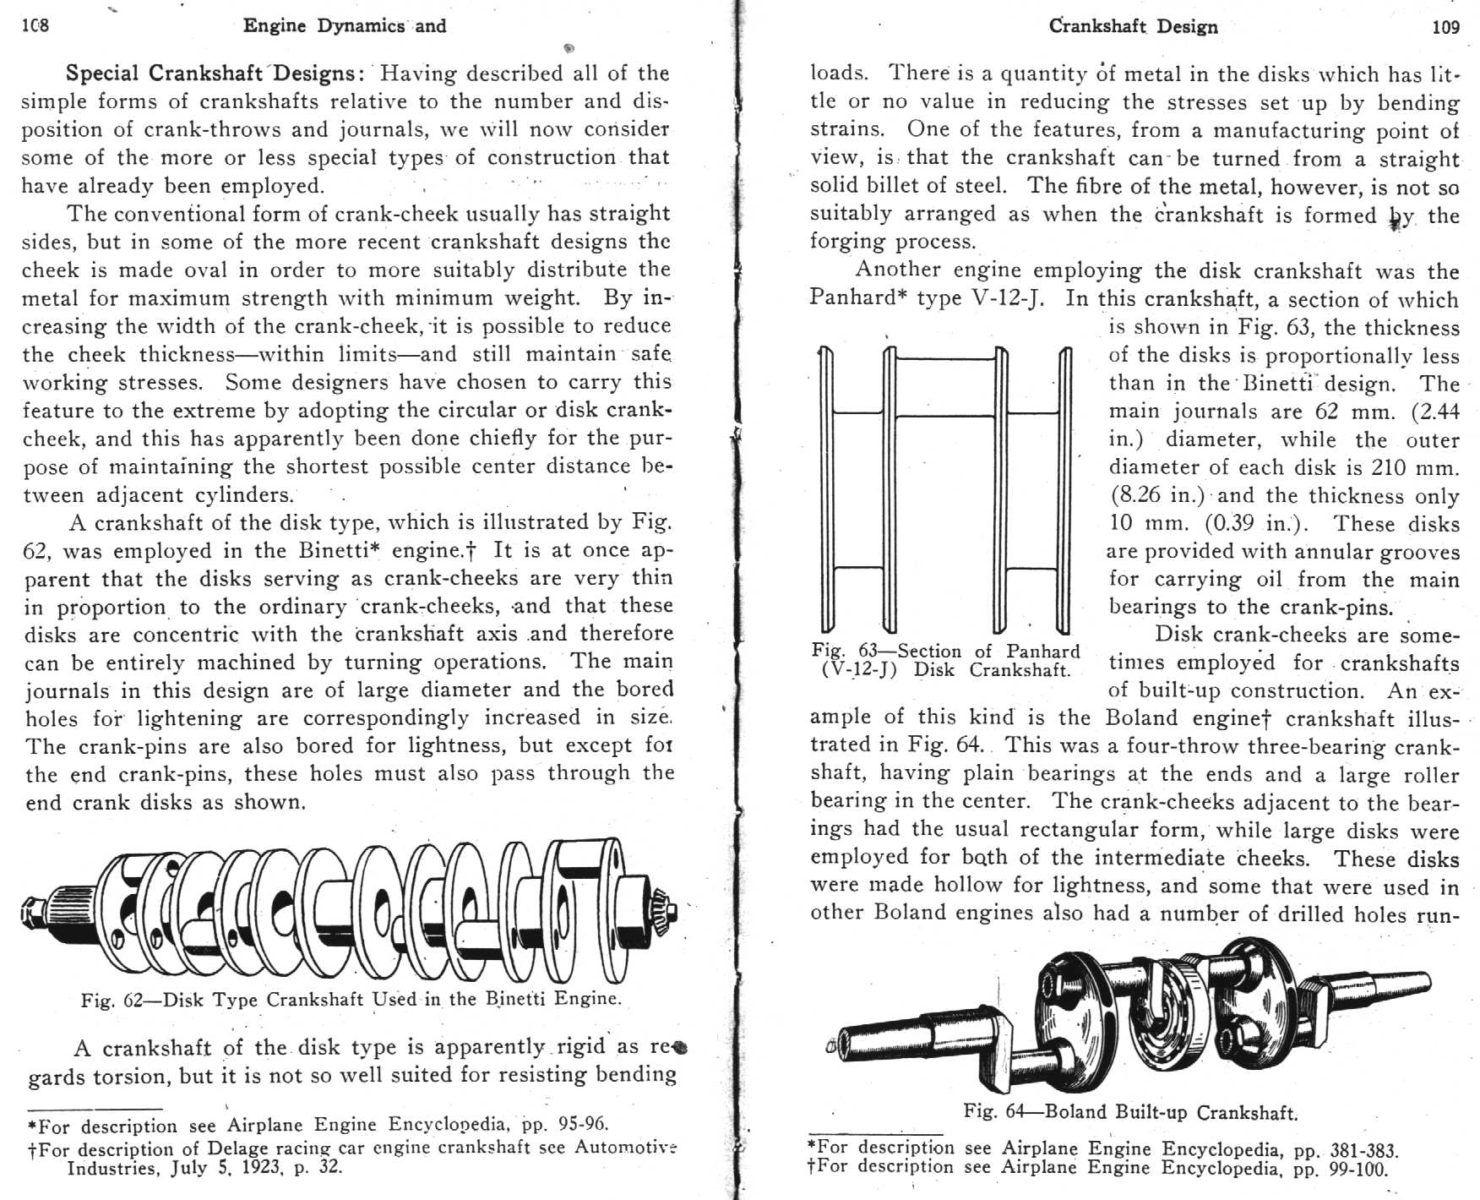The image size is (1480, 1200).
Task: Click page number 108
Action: [35, 25]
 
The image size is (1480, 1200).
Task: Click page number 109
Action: [1445, 27]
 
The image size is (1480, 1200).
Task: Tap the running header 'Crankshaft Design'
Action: [1133, 26]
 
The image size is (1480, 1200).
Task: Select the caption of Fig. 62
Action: [351, 1000]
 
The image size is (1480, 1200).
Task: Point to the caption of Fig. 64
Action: [1130, 1111]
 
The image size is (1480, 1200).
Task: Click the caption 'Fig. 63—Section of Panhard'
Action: [945, 652]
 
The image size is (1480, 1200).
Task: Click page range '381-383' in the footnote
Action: [1363, 1150]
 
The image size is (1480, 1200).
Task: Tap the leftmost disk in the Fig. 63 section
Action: [827, 490]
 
